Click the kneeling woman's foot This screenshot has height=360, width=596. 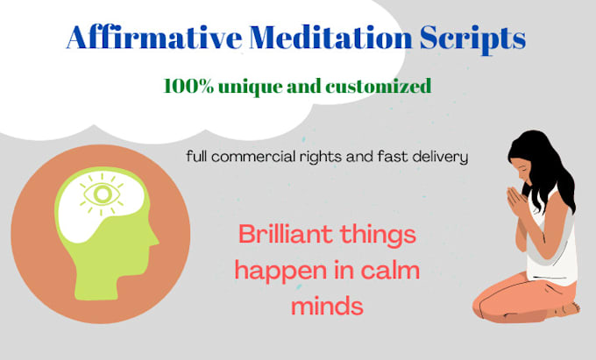click(569, 307)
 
